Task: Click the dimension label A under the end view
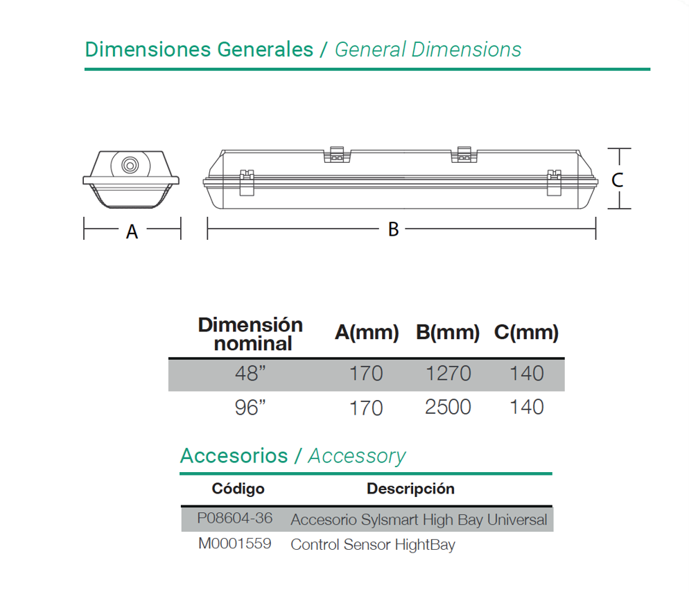click(x=132, y=232)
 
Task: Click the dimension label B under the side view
click(x=393, y=229)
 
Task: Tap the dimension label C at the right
click(x=618, y=180)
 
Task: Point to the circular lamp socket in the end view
click(x=130, y=165)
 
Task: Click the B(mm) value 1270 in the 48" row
click(x=448, y=374)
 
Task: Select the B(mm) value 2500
click(x=448, y=407)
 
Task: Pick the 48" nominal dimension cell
click(x=250, y=374)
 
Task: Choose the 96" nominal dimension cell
click(x=250, y=408)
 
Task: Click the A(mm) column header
click(x=367, y=332)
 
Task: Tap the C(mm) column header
click(x=526, y=332)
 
